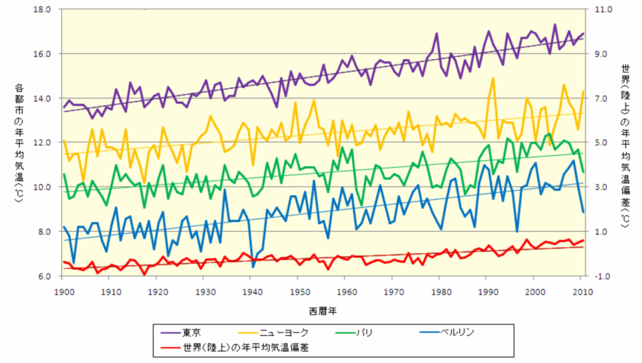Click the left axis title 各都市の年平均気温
click(x=19, y=143)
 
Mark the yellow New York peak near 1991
click(x=493, y=78)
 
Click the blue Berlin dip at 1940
click(x=253, y=267)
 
